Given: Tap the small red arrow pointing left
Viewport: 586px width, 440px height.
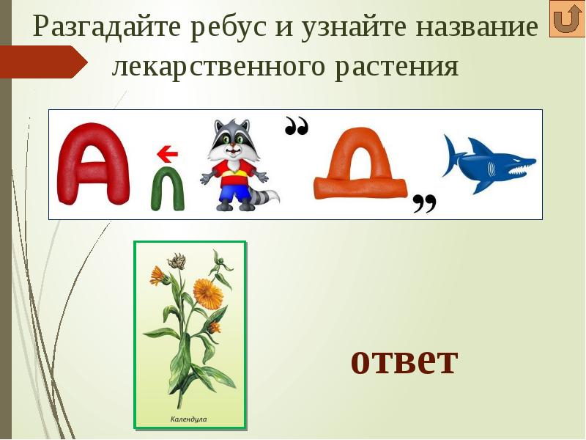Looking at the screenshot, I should [168, 154].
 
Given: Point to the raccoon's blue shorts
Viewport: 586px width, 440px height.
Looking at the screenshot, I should [234, 193].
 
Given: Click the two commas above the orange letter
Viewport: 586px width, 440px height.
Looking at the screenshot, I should [296, 128].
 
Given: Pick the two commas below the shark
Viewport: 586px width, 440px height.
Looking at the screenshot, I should [424, 204].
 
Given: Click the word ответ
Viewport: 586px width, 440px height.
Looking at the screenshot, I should [404, 360].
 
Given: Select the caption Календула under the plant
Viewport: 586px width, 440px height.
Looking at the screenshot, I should [189, 419].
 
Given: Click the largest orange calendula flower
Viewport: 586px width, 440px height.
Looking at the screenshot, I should [208, 293].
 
